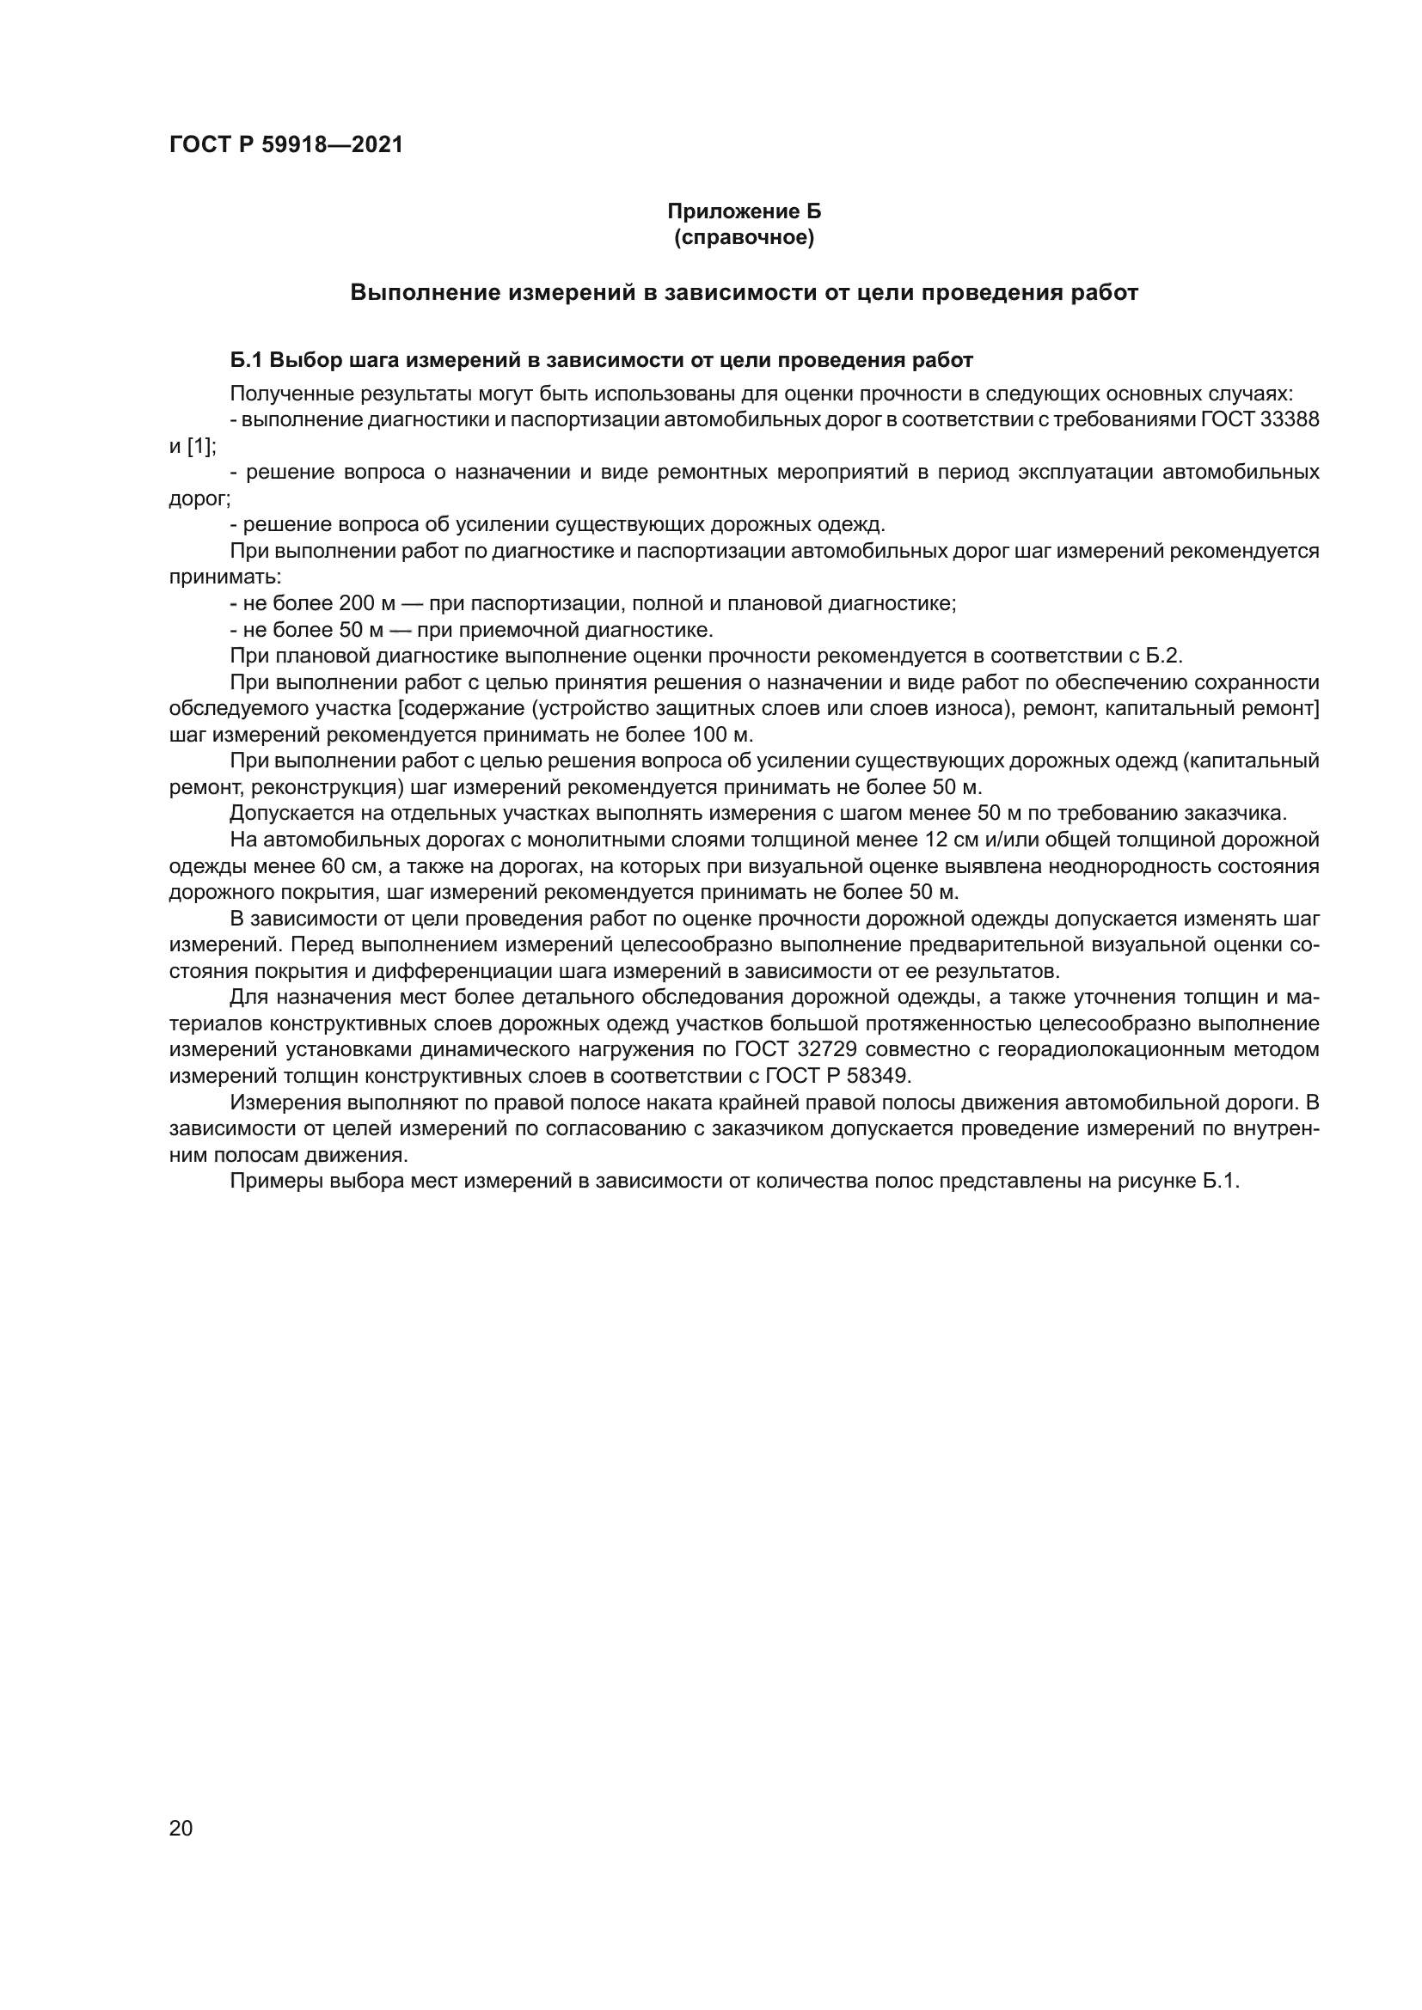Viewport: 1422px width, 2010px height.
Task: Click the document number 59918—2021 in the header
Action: (x=332, y=145)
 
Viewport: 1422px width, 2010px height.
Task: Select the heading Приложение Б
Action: (x=745, y=212)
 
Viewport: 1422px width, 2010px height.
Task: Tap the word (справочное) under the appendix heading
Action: (x=745, y=238)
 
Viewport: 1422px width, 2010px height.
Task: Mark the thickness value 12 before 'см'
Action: (x=937, y=840)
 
